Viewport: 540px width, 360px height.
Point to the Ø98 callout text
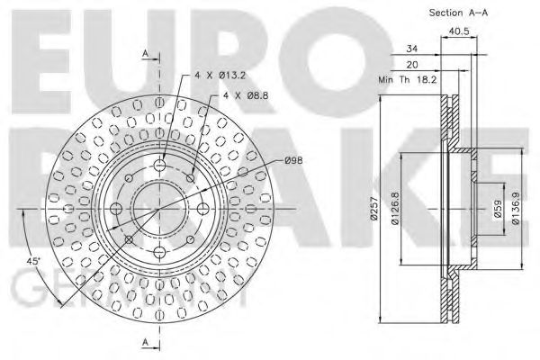(x=292, y=160)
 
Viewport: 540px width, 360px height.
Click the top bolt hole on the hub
(x=160, y=165)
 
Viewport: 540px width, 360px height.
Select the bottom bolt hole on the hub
(x=160, y=251)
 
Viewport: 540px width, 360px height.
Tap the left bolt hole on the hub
(x=117, y=208)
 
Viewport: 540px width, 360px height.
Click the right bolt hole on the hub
(x=203, y=208)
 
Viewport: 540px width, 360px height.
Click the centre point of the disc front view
(x=160, y=208)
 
